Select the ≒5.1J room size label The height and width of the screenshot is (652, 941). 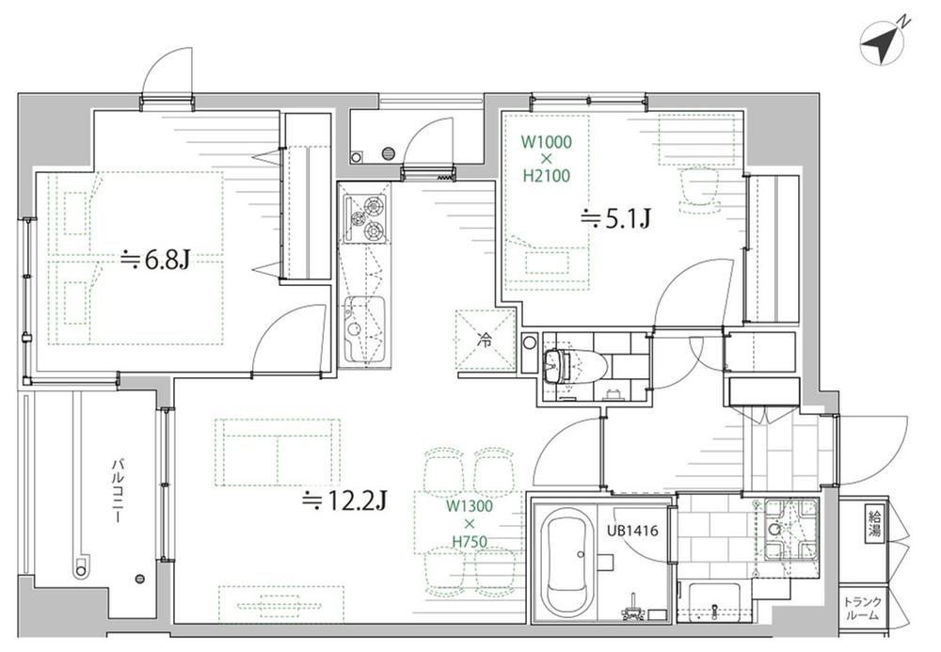[x=615, y=219]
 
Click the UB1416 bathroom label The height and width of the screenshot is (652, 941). [x=632, y=531]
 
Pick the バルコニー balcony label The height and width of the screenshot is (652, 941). [x=119, y=489]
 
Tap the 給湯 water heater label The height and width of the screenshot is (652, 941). [x=874, y=524]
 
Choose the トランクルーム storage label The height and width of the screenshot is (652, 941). [x=862, y=609]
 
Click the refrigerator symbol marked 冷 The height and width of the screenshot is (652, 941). [x=485, y=340]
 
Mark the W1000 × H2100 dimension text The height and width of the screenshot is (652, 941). [x=546, y=159]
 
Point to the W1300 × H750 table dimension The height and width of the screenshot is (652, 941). [x=470, y=524]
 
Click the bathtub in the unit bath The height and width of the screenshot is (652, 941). [x=566, y=559]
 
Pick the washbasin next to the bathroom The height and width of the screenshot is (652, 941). [x=789, y=529]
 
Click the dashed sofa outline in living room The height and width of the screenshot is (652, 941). [x=278, y=453]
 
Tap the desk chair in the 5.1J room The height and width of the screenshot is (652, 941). [x=698, y=189]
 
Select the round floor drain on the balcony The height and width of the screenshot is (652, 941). [x=140, y=579]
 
